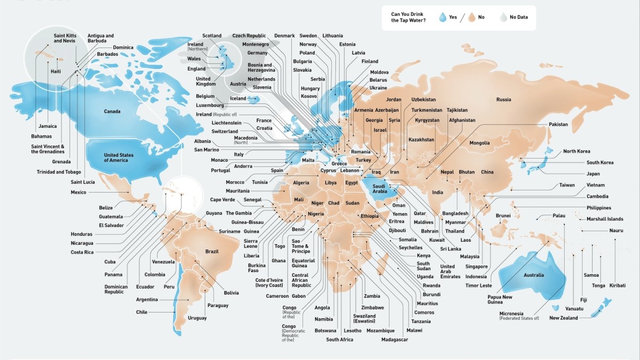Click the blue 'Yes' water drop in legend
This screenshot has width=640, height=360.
442,17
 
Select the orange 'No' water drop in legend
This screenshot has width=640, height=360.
471,17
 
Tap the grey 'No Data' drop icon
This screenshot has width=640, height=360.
502,17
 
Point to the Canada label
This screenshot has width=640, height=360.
112,111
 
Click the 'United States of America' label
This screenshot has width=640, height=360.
119,157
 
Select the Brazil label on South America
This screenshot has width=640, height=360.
212,251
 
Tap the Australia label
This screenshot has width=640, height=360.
533,275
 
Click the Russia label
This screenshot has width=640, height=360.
503,100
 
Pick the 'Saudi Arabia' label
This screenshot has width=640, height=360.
379,188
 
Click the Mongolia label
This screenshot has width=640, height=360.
479,143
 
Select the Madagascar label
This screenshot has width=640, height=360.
395,340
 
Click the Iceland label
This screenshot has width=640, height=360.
238,99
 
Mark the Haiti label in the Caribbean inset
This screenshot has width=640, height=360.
55,71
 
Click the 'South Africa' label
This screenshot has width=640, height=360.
339,340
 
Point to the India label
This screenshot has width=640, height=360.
437,193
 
